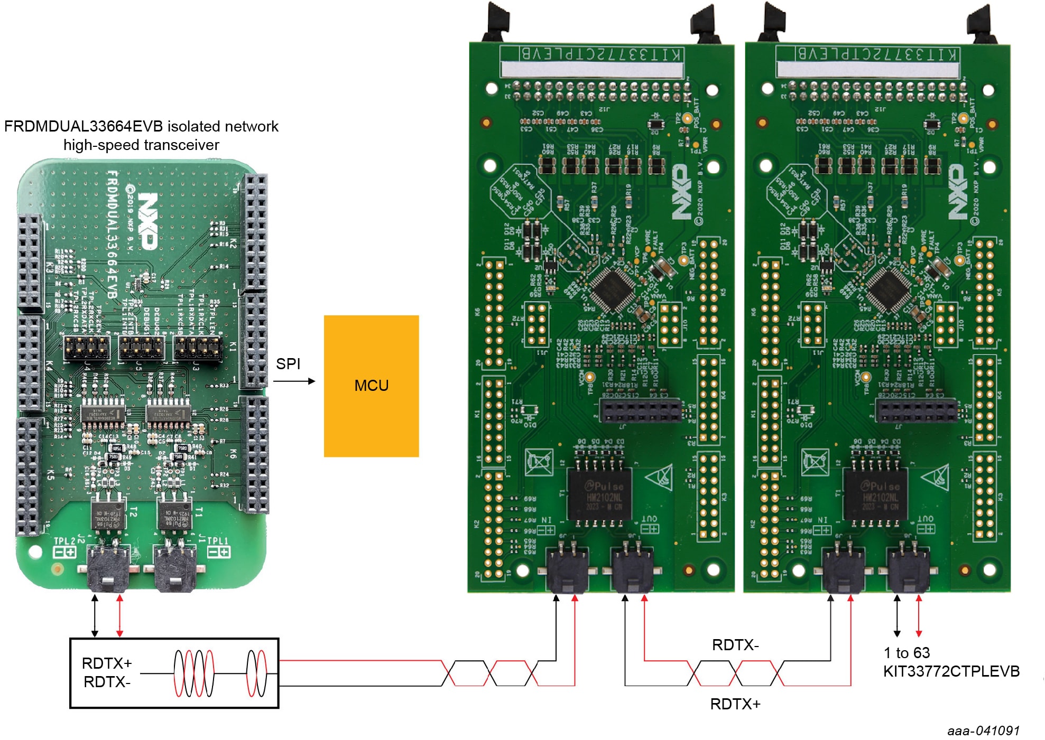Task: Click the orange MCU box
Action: point(371,386)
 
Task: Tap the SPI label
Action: point(288,364)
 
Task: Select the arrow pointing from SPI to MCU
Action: point(294,381)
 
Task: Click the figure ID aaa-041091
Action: point(983,730)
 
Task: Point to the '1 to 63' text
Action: point(907,653)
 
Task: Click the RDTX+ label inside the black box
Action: point(107,663)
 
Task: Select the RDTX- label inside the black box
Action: point(107,682)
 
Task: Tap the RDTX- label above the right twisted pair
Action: point(735,645)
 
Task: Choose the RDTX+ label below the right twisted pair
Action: point(735,704)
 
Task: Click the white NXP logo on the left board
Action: point(148,220)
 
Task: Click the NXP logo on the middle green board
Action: point(682,191)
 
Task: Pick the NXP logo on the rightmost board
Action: point(958,191)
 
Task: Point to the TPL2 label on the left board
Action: point(65,541)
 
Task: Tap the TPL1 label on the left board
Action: point(217,541)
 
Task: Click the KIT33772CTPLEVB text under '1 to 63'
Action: point(951,671)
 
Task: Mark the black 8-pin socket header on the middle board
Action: point(640,410)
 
